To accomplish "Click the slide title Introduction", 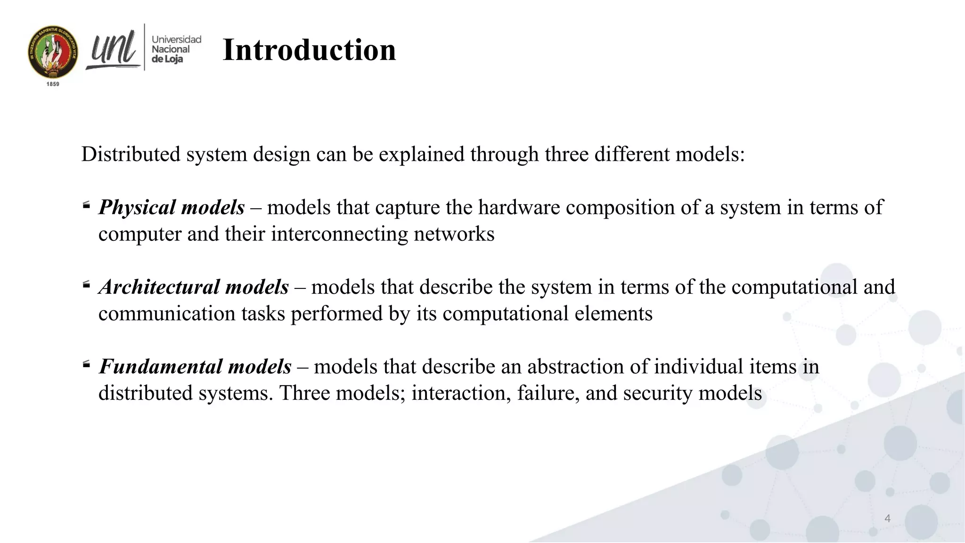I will (309, 50).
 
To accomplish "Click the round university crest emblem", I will (53, 52).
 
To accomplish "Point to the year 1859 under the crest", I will (53, 84).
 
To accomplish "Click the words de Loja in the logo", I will (167, 59).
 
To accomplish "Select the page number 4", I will (887, 518).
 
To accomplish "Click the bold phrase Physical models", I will (172, 207).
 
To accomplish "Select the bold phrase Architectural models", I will (194, 287).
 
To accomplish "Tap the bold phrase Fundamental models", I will (195, 367).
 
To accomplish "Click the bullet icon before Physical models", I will (86, 205).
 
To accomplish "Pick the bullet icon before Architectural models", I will (86, 285).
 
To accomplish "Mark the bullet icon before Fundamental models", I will (86, 364).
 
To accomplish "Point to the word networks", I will (454, 234).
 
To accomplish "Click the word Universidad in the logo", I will (176, 40).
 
